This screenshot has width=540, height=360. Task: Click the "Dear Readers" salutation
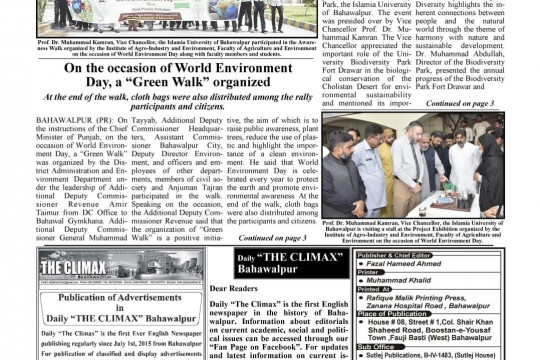pyautogui.click(x=262, y=288)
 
